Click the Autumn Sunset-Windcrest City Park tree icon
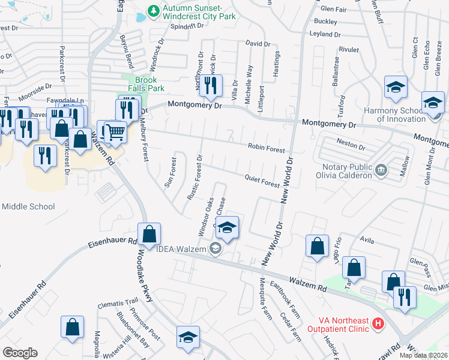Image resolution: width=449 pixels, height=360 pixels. click(x=154, y=11)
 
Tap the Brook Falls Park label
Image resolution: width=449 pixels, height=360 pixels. click(x=145, y=84)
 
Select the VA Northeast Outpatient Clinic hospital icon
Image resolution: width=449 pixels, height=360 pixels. click(x=378, y=325)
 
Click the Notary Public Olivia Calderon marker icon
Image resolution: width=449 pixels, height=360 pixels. click(x=381, y=171)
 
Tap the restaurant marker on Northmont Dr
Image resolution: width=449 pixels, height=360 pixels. click(x=210, y=86)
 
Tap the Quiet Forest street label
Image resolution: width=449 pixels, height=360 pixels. click(x=262, y=181)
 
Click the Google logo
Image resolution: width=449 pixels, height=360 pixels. click(x=20, y=352)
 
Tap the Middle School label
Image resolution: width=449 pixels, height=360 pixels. click(x=28, y=206)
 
